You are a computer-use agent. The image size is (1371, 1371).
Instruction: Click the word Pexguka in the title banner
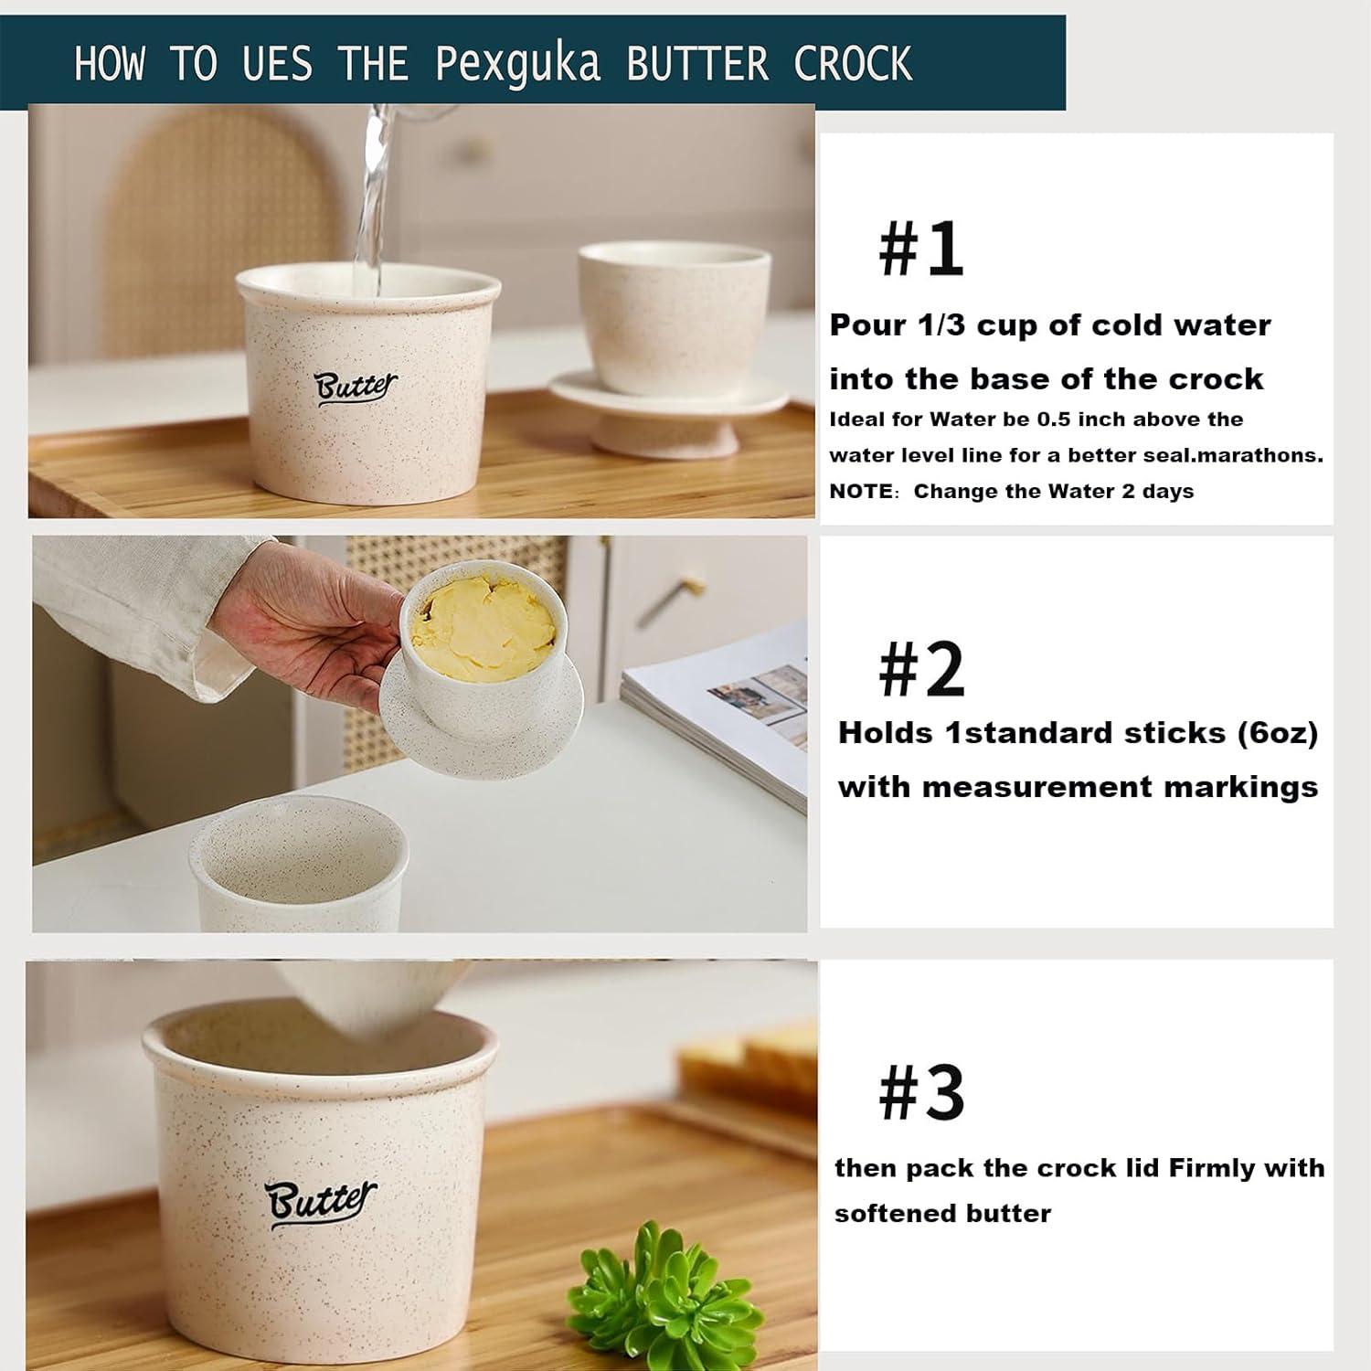click(x=517, y=64)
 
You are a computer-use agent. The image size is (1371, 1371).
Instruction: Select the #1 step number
click(x=920, y=249)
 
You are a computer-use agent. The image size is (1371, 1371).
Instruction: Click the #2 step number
click(x=920, y=670)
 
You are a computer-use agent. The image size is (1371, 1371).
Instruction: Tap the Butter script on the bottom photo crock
click(x=320, y=1201)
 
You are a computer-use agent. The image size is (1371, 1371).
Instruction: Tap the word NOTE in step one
click(x=859, y=492)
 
